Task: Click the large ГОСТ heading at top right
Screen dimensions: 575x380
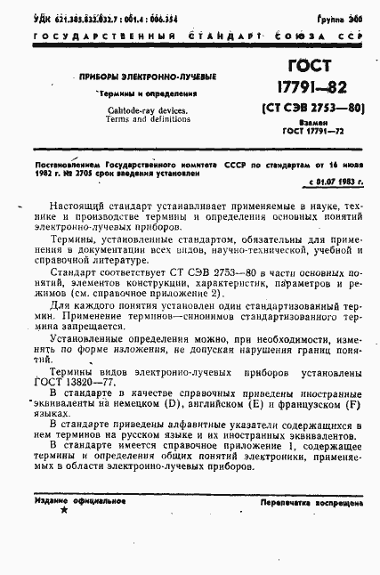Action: tap(308, 67)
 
